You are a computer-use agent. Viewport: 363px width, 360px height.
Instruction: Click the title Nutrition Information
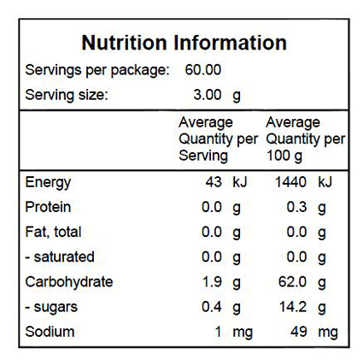[184, 43]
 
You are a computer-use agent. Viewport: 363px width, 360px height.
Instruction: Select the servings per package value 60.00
[203, 70]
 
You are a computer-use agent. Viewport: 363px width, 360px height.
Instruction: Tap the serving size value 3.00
[208, 95]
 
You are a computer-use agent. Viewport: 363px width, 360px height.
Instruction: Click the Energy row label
[48, 183]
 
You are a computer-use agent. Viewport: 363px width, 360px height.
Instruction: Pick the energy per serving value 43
[214, 182]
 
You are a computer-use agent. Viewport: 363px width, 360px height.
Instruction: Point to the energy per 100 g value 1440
[290, 182]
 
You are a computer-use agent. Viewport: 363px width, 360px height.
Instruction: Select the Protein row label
[48, 207]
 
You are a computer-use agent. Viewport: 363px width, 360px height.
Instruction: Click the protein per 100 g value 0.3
[296, 207]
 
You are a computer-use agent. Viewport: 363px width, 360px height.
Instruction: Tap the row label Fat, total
[53, 233]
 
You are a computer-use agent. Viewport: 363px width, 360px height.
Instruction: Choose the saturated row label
[60, 257]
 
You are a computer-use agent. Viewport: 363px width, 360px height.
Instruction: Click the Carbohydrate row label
[69, 282]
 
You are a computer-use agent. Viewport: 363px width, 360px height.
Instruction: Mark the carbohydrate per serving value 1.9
[213, 282]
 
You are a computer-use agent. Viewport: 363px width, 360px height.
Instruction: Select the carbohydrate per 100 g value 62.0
[292, 282]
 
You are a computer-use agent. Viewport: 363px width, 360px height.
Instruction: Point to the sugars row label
[51, 308]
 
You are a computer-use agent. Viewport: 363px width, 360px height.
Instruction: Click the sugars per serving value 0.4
[212, 307]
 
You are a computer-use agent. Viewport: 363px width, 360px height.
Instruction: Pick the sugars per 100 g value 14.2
[293, 307]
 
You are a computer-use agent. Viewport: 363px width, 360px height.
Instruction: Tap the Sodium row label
[50, 332]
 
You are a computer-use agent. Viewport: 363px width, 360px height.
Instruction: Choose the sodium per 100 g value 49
[299, 332]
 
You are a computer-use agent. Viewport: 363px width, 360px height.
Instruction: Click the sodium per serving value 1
[218, 332]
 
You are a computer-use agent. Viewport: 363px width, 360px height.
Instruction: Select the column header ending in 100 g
[306, 139]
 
